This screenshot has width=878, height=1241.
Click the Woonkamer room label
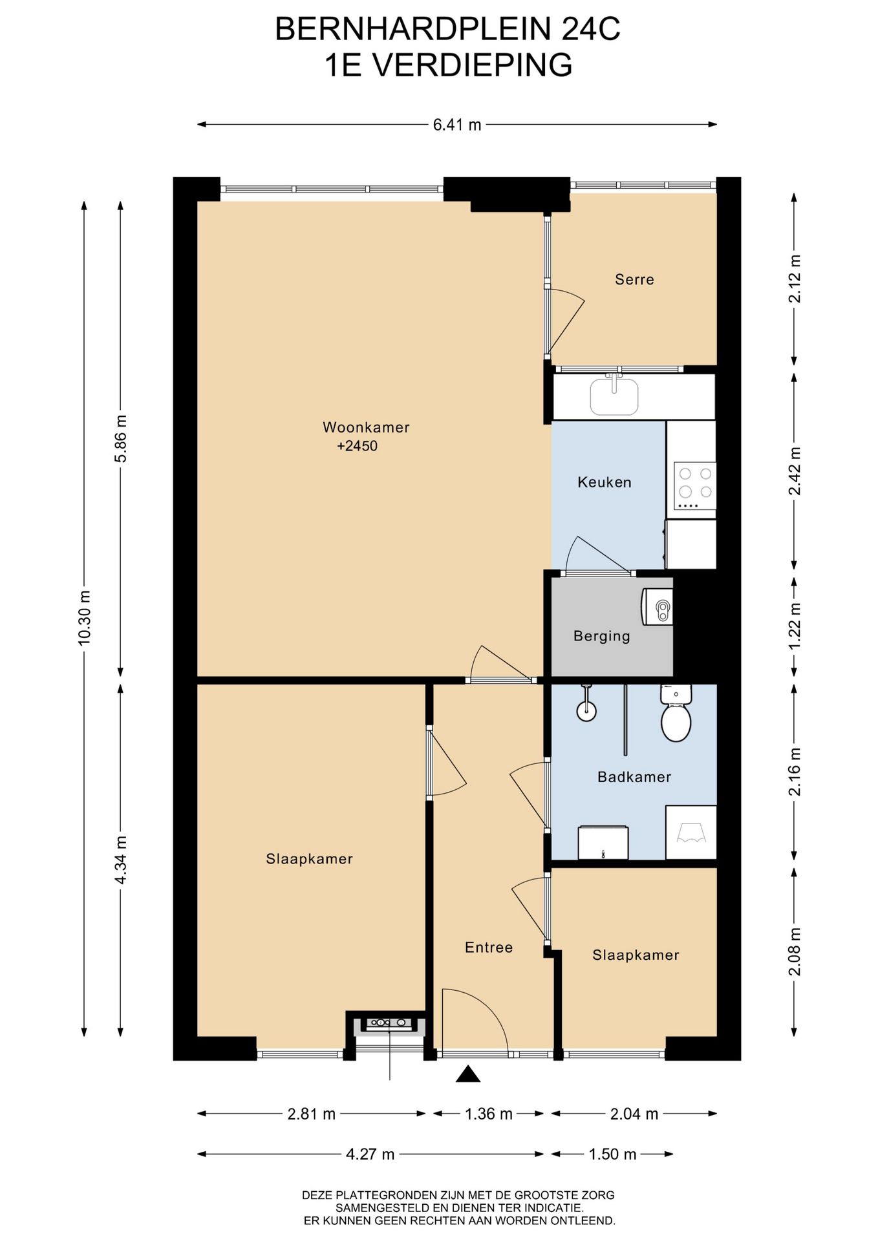[x=366, y=427]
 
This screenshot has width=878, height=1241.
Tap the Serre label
[x=634, y=279]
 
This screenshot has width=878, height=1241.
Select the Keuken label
[x=605, y=482]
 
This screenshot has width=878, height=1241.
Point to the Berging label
[x=601, y=636]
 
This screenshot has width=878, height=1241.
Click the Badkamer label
[x=634, y=777]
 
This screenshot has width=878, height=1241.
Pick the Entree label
[x=489, y=948]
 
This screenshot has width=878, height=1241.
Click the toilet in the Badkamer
[x=676, y=713]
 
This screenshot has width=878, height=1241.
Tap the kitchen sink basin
[x=614, y=396]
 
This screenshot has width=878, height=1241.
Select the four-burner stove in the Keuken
[x=694, y=485]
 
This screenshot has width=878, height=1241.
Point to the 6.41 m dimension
[x=457, y=125]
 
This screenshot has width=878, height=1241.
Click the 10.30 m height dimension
[x=84, y=617]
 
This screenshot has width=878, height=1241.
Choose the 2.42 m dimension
[x=795, y=471]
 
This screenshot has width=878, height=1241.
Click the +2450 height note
[x=357, y=446]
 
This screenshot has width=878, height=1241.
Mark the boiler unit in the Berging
[x=658, y=607]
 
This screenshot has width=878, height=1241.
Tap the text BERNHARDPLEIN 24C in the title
[x=448, y=29]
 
